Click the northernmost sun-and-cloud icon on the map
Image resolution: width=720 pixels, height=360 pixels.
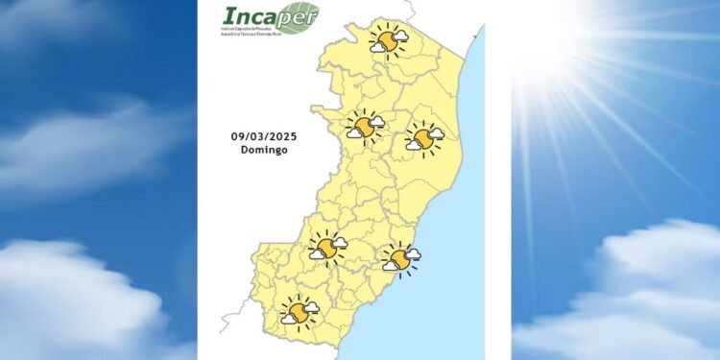388,40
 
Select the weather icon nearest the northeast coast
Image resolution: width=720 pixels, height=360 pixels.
423,140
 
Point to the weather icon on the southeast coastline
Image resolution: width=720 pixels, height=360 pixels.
400,258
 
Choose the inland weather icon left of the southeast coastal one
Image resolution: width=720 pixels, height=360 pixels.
327,250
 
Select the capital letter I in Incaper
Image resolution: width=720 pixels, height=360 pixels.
228,17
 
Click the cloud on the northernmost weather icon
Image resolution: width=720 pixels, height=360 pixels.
398,36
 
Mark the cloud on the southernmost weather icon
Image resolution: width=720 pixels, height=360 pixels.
310,307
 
